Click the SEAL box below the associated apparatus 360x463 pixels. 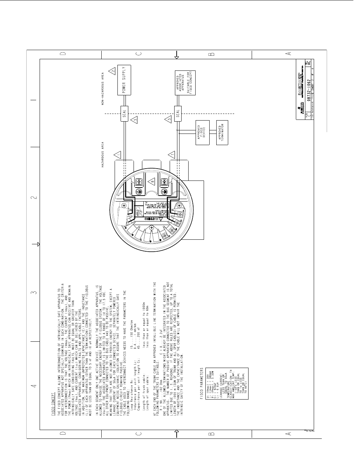[x=178, y=114]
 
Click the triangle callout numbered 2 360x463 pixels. [x=112, y=71]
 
